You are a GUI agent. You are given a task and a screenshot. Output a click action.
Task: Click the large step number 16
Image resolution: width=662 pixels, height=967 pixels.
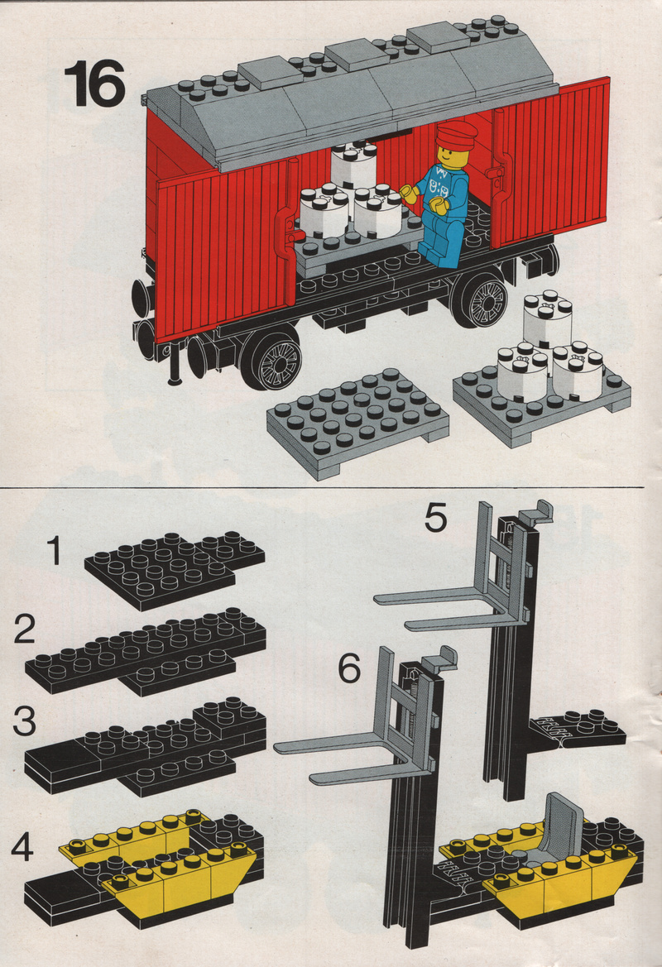(94, 84)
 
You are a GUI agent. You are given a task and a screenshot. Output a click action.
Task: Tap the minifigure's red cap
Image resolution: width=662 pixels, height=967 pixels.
(457, 133)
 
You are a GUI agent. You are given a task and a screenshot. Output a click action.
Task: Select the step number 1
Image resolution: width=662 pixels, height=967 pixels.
(55, 551)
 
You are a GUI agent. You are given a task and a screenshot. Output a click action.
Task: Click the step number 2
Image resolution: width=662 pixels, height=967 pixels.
(26, 630)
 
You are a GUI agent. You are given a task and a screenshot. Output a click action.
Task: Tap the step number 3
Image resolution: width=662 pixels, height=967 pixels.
(25, 721)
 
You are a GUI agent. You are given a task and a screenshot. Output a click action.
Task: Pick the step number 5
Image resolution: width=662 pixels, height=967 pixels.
(435, 518)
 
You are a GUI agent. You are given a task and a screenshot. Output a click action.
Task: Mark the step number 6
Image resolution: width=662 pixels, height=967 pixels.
(350, 668)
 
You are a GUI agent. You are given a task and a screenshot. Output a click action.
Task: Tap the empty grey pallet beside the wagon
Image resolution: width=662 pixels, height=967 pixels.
(357, 423)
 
